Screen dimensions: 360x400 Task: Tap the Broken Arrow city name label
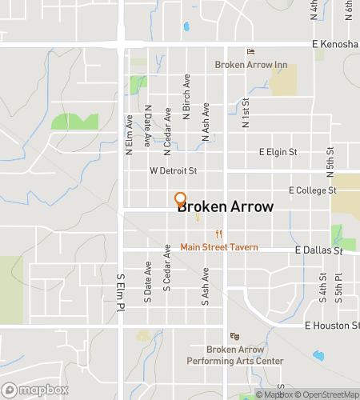tap(225, 207)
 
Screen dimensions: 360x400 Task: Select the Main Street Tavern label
tap(218, 246)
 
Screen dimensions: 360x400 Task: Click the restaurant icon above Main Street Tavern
tap(218, 234)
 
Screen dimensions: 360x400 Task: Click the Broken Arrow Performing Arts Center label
tap(245, 355)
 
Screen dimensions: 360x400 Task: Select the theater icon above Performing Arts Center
tap(234, 336)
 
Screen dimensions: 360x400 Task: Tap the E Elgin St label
tap(278, 151)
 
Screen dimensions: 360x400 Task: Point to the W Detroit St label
tap(173, 171)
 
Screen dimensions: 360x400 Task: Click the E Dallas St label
tap(318, 250)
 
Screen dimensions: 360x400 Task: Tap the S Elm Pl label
tap(121, 292)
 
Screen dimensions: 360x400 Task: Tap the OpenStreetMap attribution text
tap(329, 394)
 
